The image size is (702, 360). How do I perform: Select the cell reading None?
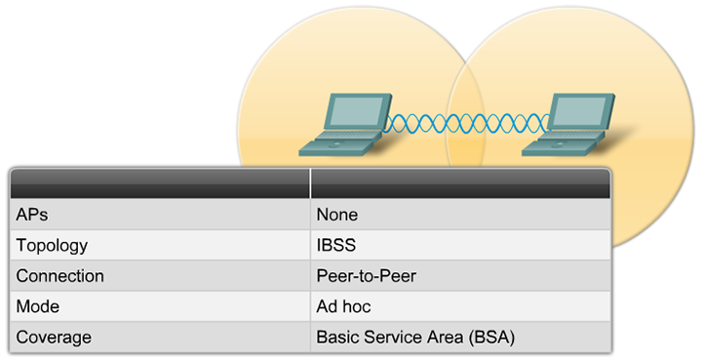(336, 215)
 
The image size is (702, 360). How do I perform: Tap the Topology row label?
(52, 246)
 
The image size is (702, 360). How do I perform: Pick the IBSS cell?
(334, 246)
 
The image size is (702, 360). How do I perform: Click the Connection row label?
(60, 276)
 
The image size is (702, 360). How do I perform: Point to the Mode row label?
(38, 306)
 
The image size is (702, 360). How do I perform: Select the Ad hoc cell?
(343, 306)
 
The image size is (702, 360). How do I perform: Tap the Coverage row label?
(54, 337)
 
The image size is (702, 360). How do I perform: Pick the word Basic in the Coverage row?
(336, 337)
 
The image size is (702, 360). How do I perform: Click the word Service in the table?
(388, 337)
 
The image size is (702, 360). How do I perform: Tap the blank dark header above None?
(460, 182)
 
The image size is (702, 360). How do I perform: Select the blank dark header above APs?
(159, 182)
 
